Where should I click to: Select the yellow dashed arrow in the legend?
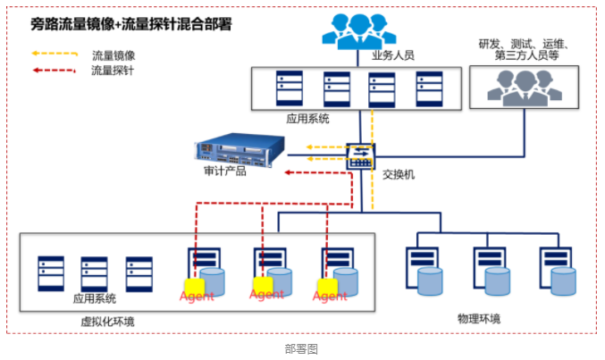(x=54, y=54)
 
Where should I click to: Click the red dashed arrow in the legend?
(x=54, y=69)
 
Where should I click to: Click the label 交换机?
(x=399, y=172)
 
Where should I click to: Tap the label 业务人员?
(x=393, y=55)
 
